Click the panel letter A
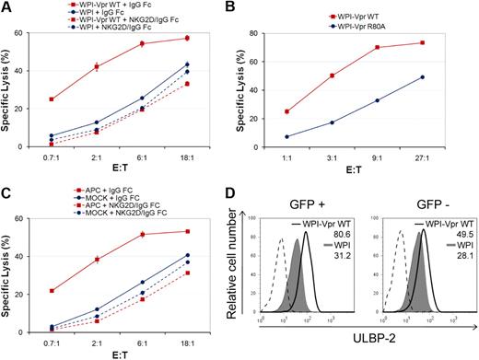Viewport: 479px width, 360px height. [7, 7]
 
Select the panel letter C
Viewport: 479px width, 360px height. [7, 191]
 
